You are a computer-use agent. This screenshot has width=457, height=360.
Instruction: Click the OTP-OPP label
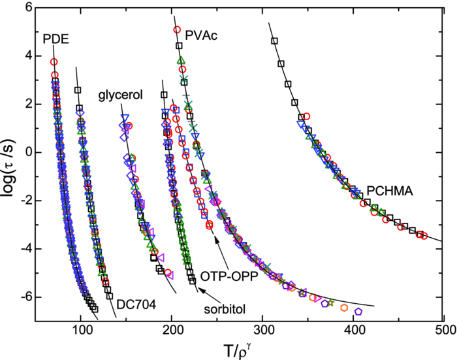point(232,274)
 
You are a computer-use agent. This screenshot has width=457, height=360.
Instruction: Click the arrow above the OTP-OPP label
point(215,244)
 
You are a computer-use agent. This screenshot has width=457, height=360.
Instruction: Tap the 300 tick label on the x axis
point(262,330)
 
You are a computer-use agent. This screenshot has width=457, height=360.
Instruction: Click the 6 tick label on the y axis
point(29,7)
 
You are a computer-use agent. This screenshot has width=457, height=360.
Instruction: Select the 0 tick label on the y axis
point(29,152)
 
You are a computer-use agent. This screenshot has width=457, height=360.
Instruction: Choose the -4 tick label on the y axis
point(26,249)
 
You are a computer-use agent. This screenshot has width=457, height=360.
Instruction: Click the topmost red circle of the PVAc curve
point(177,30)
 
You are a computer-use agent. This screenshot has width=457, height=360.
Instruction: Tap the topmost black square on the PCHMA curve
point(275,41)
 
